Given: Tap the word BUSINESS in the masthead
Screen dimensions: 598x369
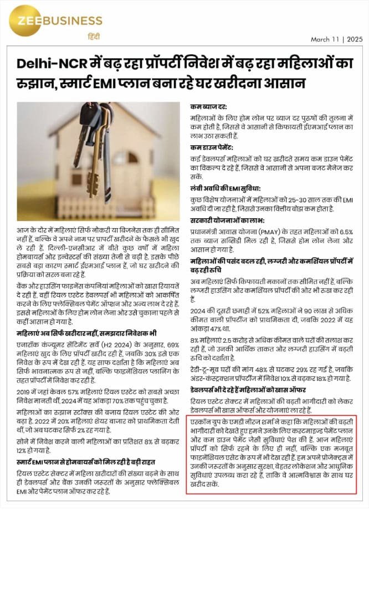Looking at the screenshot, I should [71, 22].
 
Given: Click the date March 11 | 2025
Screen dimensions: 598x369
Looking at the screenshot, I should [336, 39].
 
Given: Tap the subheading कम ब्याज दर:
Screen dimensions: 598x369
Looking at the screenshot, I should [208, 106].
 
